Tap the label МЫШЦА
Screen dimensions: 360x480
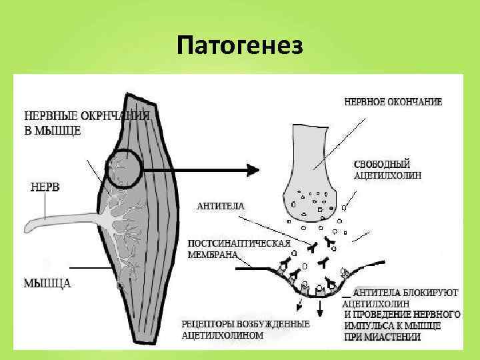[47, 283]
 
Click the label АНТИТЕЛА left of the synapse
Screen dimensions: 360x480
[220, 207]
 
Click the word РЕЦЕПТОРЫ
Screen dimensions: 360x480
[209, 324]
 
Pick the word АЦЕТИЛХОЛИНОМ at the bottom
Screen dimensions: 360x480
[223, 335]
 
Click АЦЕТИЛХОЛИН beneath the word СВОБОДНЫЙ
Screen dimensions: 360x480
[391, 175]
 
